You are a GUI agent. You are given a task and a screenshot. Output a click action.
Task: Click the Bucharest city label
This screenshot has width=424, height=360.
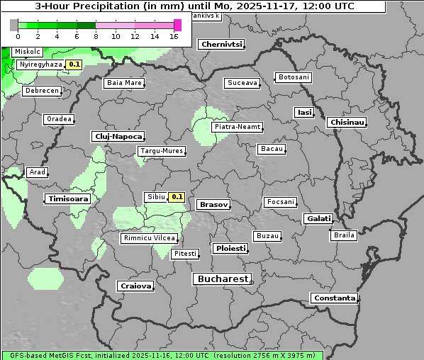(223, 279)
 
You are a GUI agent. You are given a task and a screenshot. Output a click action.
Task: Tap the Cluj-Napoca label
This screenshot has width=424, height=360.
(118, 136)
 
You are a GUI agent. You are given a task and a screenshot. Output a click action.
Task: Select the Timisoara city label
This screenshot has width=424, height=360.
(68, 199)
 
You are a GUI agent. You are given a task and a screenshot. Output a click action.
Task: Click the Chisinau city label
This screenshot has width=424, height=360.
(347, 123)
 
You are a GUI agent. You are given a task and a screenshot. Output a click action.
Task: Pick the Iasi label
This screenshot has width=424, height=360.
(303, 113)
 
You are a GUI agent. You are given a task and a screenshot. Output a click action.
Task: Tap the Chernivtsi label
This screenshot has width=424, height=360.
(221, 44)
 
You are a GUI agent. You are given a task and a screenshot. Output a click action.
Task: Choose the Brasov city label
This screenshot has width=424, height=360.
(213, 204)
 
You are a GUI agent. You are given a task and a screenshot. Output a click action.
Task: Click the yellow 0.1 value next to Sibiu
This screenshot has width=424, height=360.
(177, 197)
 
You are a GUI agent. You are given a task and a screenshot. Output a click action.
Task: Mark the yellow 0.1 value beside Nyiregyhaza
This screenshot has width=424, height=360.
(74, 64)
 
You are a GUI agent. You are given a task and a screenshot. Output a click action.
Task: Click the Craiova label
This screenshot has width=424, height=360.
(135, 286)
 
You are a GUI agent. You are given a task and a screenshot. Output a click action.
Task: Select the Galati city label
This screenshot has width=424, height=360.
(318, 219)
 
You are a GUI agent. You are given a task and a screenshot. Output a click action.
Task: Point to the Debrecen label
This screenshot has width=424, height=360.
(41, 91)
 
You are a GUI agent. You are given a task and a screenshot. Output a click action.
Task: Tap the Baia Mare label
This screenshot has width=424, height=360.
(124, 83)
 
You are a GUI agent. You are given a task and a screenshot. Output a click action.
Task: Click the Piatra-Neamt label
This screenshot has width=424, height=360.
(237, 127)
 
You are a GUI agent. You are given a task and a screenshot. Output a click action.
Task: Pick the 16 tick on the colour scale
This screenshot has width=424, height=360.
(174, 36)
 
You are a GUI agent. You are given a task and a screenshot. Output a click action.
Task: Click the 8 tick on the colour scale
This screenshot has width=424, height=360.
(96, 36)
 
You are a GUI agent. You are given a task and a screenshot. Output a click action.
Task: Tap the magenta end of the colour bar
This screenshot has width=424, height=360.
(177, 25)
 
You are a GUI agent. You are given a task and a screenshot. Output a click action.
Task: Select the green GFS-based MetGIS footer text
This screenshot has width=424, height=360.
(162, 355)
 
